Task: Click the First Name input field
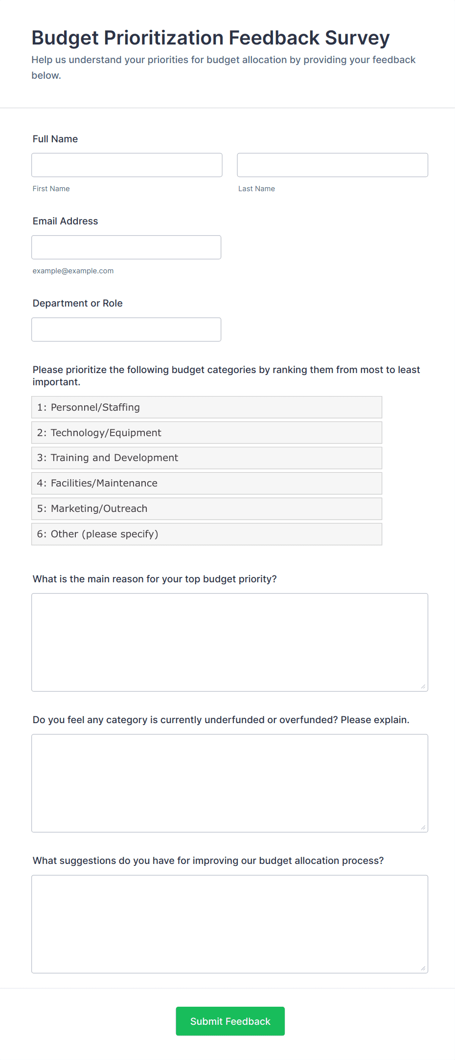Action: tap(127, 165)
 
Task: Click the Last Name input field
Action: tap(332, 165)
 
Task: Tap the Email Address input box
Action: tap(126, 247)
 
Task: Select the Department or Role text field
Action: tap(126, 329)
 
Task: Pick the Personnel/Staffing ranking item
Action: tap(206, 407)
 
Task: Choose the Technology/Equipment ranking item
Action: tap(206, 433)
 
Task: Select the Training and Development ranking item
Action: tap(206, 458)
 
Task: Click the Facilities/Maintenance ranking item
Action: tap(206, 483)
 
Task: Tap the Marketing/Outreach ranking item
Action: tap(206, 508)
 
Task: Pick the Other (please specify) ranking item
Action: tap(206, 534)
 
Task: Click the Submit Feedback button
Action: tap(230, 1021)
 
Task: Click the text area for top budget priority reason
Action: tap(229, 642)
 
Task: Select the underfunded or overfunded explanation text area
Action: tap(229, 783)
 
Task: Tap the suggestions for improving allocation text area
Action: tap(229, 924)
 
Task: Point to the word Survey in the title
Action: tap(357, 38)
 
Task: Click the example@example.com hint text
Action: tap(73, 271)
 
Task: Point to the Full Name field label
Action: tap(55, 139)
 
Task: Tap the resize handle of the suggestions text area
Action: tap(423, 968)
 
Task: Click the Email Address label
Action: tap(65, 221)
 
